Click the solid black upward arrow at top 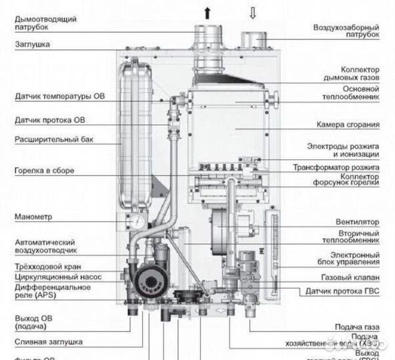(208, 11)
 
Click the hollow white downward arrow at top (253, 11)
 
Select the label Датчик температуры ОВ (59, 96)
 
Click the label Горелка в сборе (44, 170)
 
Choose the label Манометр (33, 217)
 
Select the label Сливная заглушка (48, 341)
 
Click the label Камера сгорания (348, 124)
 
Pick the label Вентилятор (357, 221)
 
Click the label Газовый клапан (351, 277)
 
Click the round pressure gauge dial (138, 220)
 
